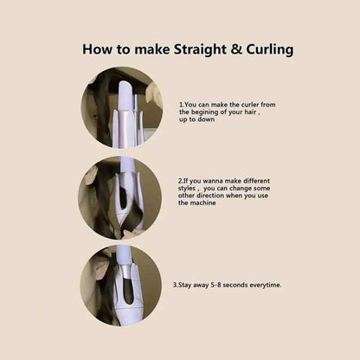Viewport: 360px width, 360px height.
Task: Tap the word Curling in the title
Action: click(x=270, y=49)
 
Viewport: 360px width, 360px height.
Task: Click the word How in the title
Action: click(x=97, y=49)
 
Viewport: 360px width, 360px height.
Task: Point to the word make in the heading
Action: click(x=152, y=49)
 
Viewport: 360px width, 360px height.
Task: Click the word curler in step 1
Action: click(x=250, y=105)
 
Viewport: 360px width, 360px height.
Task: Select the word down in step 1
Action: click(x=207, y=119)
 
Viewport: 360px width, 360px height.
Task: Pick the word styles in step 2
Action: click(x=187, y=189)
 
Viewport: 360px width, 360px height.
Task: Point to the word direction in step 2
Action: click(x=210, y=196)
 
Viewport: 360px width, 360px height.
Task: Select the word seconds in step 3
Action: click(x=235, y=285)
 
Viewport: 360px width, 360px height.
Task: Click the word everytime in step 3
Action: click(x=265, y=286)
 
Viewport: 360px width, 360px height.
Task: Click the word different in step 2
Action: click(x=257, y=181)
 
